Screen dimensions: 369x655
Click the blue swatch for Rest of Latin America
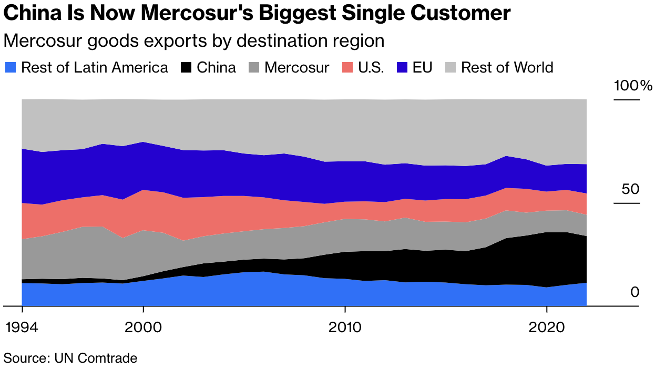click(11, 67)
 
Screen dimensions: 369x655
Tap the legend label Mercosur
click(297, 67)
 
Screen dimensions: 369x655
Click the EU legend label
click(422, 67)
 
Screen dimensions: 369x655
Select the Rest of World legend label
click(507, 67)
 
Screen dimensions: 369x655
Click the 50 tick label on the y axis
click(630, 189)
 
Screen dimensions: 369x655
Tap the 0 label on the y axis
click(635, 292)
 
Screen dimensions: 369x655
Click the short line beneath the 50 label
click(627, 203)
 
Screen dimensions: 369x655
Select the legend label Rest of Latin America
click(95, 67)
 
